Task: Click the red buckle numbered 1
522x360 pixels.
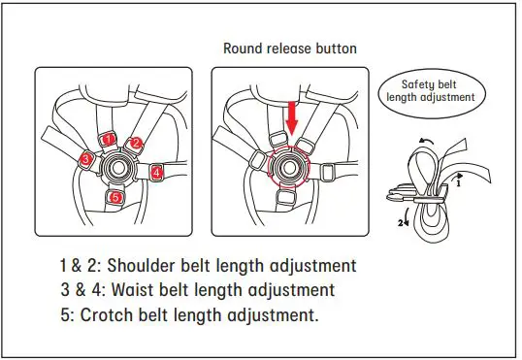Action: [109, 139]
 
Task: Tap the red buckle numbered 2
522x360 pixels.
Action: [137, 144]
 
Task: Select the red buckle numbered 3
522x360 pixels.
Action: [87, 158]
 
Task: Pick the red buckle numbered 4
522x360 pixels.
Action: [157, 172]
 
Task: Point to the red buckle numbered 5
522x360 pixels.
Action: [115, 198]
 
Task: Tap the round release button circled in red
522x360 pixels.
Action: [288, 166]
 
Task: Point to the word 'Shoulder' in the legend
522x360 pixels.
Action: [149, 266]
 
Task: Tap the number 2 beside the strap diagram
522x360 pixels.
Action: [398, 220]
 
